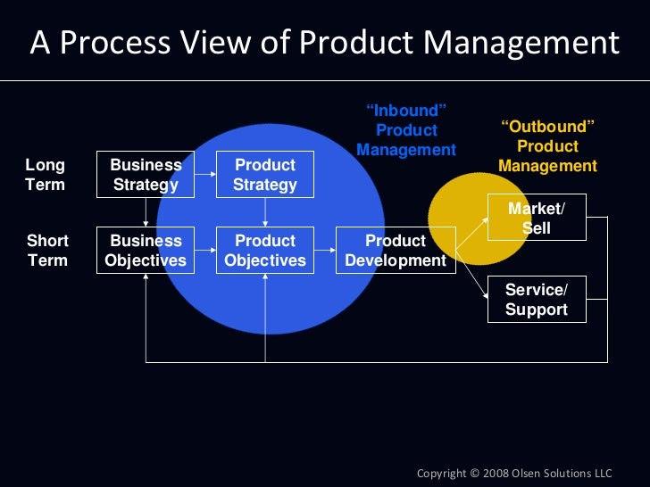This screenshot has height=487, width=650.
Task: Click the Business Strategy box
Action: pos(146,175)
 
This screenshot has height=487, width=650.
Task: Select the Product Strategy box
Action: pos(265,175)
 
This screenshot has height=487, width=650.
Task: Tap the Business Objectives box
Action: pos(146,251)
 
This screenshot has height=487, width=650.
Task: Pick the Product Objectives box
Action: pos(265,251)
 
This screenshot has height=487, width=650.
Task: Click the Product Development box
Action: pos(396,251)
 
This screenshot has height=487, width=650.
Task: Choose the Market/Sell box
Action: pos(536,218)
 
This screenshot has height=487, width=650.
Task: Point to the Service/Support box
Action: pos(536,300)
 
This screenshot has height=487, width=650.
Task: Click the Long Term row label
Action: pos(45,175)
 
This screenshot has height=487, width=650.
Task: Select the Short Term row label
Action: pos(47,251)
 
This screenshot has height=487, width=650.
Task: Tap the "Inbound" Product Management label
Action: pos(406,130)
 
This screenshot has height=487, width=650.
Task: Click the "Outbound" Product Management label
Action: pos(547,146)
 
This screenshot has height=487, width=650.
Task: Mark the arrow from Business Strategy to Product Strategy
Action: pos(205,175)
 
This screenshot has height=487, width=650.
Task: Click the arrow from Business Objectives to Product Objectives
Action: pos(205,251)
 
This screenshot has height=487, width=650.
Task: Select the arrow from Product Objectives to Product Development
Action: pos(325,251)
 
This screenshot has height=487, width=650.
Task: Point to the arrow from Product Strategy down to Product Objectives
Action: pos(265,212)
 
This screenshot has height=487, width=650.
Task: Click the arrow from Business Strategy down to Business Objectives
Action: pos(146,212)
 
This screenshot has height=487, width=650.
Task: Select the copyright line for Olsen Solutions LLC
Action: pos(515,472)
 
